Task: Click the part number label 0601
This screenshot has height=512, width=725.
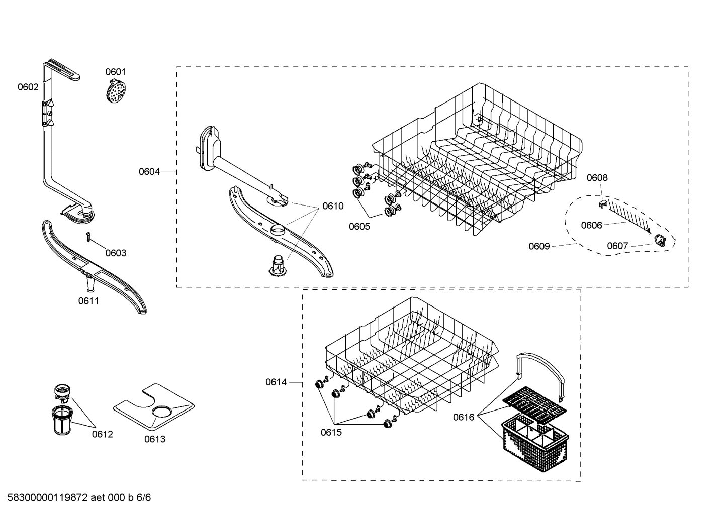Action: pyautogui.click(x=116, y=72)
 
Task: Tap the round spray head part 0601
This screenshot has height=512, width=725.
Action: pyautogui.click(x=116, y=91)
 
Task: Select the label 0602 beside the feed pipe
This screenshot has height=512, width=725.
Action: pyautogui.click(x=28, y=87)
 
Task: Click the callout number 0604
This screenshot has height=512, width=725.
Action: pyautogui.click(x=149, y=172)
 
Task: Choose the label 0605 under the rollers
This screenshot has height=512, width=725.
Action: pyautogui.click(x=359, y=226)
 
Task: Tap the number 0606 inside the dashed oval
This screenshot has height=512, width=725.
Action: pyautogui.click(x=591, y=225)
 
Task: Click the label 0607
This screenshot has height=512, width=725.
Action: pyautogui.click(x=617, y=246)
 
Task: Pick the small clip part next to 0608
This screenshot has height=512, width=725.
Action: pyautogui.click(x=602, y=202)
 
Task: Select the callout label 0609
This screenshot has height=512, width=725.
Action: pyautogui.click(x=539, y=246)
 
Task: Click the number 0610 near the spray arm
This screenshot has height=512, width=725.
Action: pyautogui.click(x=333, y=206)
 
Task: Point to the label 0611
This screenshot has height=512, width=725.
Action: pyautogui.click(x=88, y=301)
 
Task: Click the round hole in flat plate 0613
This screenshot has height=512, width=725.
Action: pyautogui.click(x=162, y=412)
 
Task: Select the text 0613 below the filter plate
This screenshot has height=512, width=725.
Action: pyautogui.click(x=155, y=439)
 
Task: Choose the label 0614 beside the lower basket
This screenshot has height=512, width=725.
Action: pyautogui.click(x=276, y=382)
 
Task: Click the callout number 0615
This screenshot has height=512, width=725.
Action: pyautogui.click(x=331, y=432)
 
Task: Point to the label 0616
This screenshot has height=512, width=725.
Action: pyautogui.click(x=464, y=417)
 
